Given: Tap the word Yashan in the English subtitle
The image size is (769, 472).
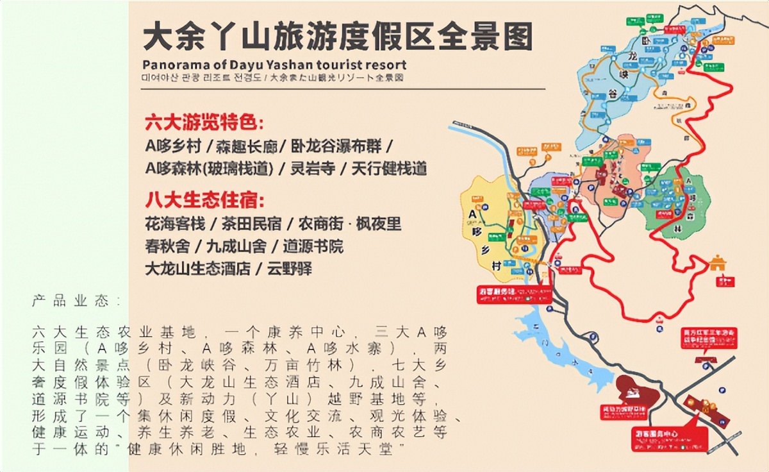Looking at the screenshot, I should (281, 65).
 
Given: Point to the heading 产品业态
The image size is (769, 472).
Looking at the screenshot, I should (76, 301).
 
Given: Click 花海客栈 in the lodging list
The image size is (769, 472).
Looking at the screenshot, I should (176, 224).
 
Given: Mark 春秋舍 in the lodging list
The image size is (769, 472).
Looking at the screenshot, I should (168, 246).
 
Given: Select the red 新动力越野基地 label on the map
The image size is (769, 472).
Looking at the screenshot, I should (626, 410).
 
